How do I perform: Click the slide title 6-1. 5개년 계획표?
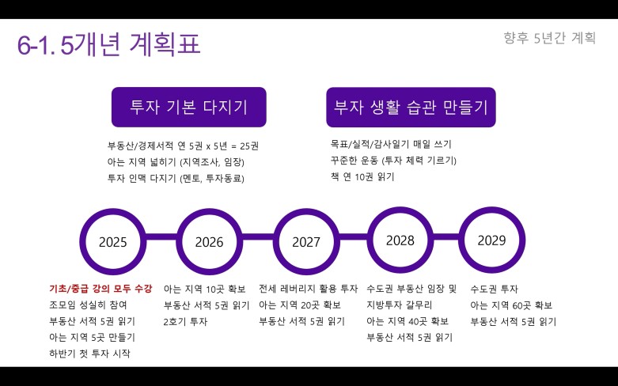[108, 44]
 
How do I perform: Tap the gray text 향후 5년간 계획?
[549, 38]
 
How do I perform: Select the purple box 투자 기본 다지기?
[189, 107]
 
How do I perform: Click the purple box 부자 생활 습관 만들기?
[411, 107]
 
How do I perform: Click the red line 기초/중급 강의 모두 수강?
[100, 289]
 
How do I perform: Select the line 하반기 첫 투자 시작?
[89, 354]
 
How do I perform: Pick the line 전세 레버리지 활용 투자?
[309, 289]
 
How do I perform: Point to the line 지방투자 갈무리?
[400, 305]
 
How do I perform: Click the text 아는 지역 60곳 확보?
[511, 305]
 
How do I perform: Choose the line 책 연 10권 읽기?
[362, 177]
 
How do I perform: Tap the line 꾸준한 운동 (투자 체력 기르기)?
[393, 161]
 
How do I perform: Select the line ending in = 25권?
[184, 146]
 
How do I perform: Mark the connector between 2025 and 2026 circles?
[161, 237]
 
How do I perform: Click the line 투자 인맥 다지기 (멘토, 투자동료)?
[176, 179]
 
